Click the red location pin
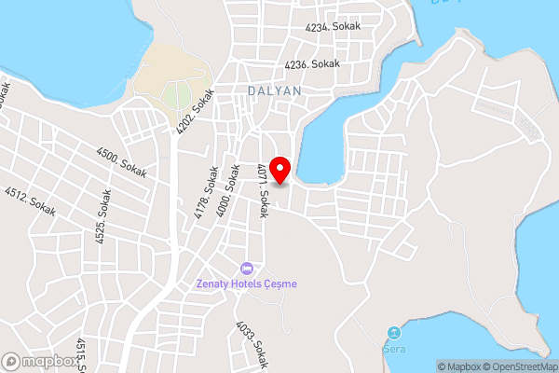(x=280, y=166)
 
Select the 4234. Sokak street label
(x=332, y=28)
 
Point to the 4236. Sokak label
(x=313, y=64)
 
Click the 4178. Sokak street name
(x=207, y=193)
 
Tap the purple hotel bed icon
(x=246, y=269)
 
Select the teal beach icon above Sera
(x=394, y=333)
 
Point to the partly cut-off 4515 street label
(x=82, y=354)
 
